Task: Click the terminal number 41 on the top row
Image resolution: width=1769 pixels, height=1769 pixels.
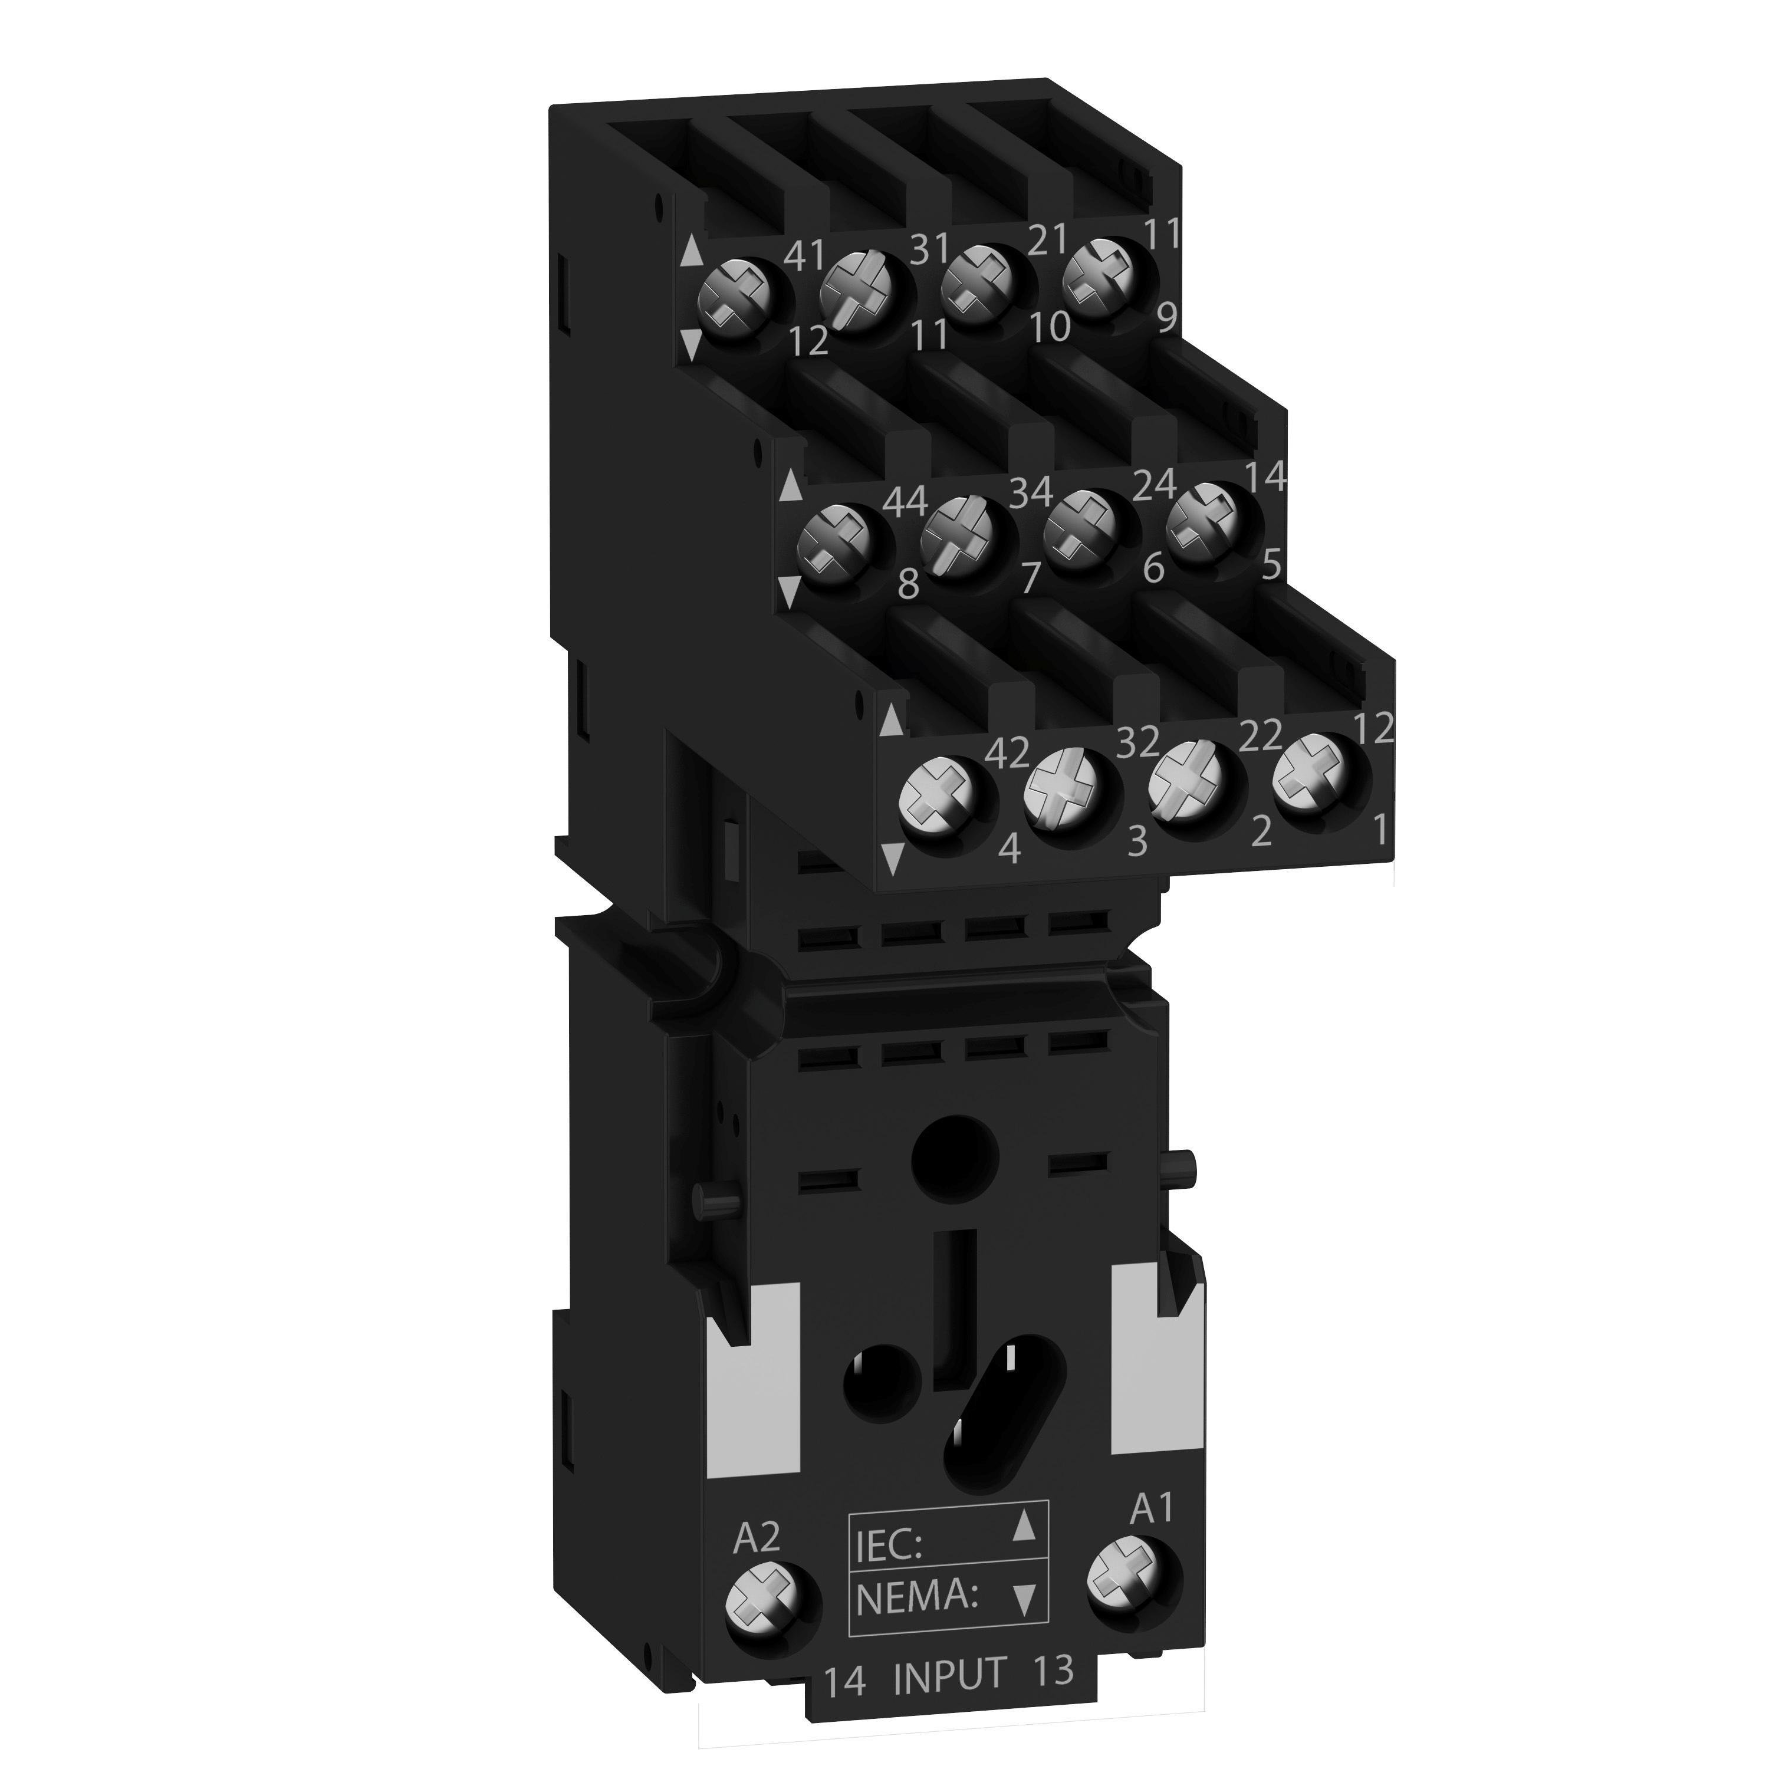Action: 805,255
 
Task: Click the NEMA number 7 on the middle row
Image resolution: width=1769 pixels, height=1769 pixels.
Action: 1030,578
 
